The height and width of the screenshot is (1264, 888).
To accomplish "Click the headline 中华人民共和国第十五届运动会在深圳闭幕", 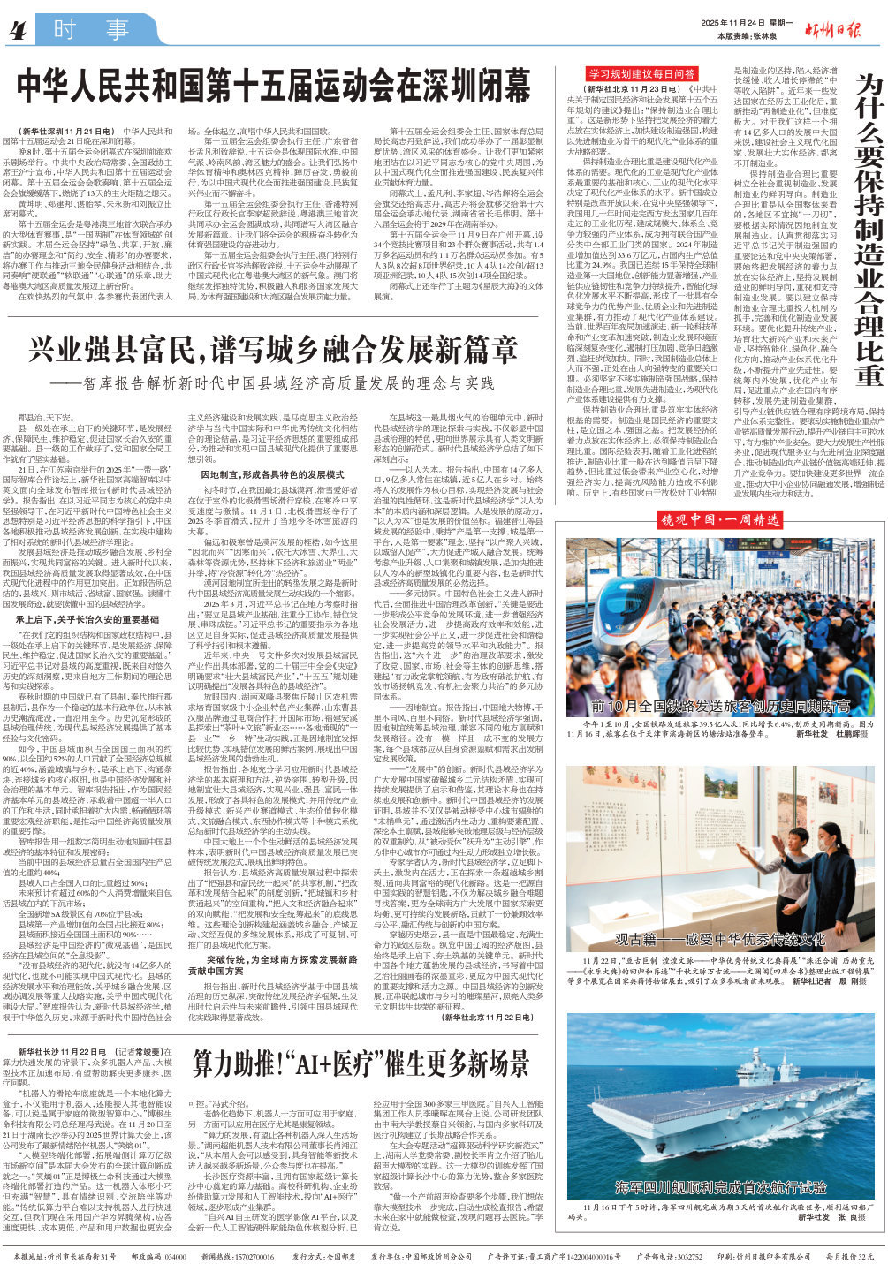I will point(273,87).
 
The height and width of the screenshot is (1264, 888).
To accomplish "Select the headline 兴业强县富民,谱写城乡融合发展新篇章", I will point(273,351).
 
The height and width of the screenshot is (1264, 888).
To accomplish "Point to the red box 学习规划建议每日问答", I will point(642,74).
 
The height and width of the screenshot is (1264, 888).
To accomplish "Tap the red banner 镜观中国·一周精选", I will point(720,519).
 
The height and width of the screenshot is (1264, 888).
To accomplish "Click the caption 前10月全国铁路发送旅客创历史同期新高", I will point(720,706).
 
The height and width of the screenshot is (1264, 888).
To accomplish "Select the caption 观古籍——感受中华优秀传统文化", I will point(720,939).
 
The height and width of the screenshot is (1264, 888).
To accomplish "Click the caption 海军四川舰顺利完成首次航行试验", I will point(720,1187).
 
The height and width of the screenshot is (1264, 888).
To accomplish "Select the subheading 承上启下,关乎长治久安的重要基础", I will point(87,620).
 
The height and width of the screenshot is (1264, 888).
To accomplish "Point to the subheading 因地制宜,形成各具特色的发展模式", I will point(272,475).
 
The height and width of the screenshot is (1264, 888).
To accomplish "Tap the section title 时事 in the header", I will point(91,31).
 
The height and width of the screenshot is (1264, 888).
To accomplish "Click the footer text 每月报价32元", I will point(849,1256).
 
